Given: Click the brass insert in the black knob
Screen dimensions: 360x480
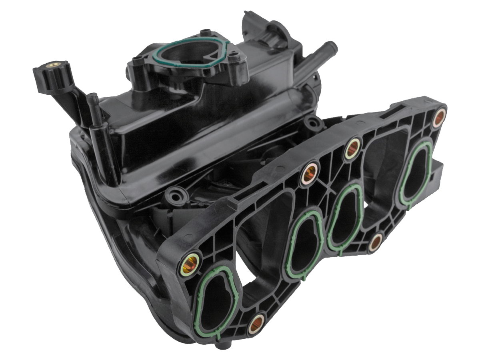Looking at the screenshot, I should pyautogui.click(x=51, y=64).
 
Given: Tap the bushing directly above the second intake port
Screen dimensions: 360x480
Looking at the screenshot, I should pyautogui.click(x=311, y=173).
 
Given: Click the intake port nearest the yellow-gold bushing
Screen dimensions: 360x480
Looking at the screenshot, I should pyautogui.click(x=216, y=296).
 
